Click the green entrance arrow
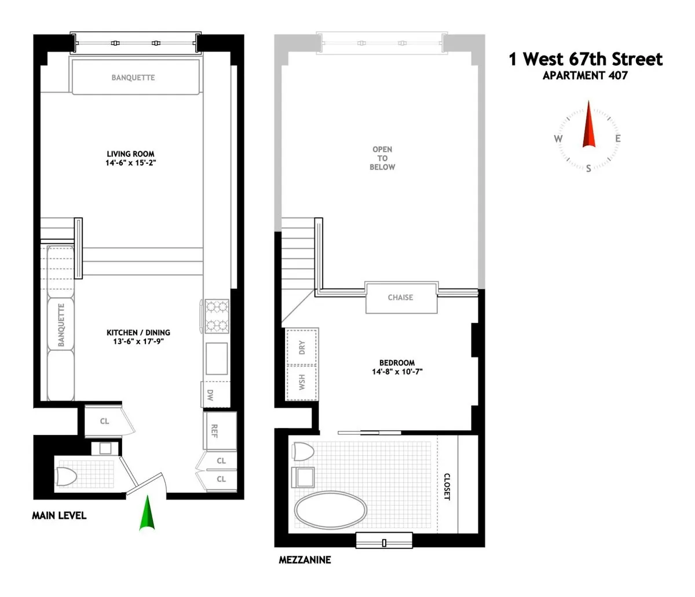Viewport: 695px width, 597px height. (148, 514)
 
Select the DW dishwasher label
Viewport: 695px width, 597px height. (210, 395)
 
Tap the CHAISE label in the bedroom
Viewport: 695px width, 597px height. (400, 297)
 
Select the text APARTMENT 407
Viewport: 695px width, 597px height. (585, 75)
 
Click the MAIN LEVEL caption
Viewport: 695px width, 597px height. (59, 515)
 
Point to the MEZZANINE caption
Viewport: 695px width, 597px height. (305, 560)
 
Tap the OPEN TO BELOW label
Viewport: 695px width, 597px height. (382, 158)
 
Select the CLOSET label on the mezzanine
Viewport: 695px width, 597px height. (447, 486)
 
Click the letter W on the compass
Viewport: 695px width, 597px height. (558, 138)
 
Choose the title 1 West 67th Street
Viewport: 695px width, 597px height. (586, 59)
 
